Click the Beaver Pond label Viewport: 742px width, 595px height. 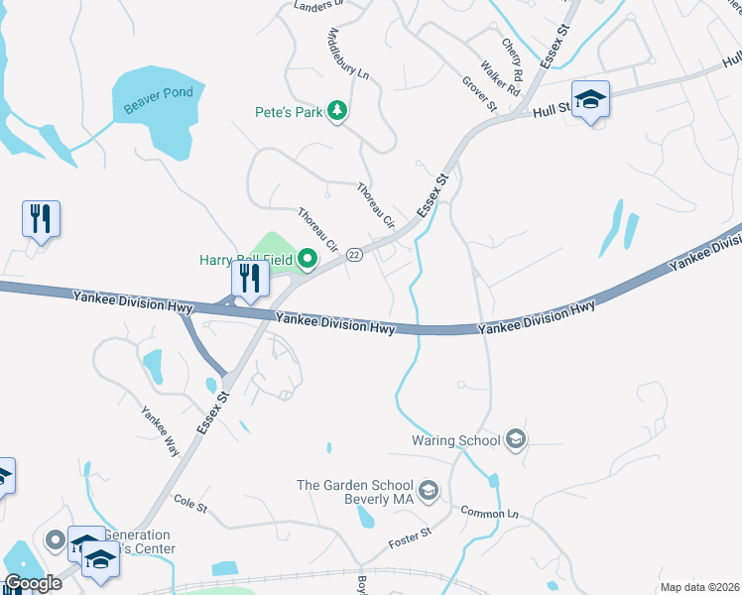(x=159, y=100)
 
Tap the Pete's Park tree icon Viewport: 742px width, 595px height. (x=338, y=111)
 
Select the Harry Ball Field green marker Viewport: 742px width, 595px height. (x=308, y=261)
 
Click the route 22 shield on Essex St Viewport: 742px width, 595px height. (x=354, y=255)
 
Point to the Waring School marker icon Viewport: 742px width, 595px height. (x=515, y=439)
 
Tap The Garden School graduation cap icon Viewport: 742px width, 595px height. (x=429, y=490)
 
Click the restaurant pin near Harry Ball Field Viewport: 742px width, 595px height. (x=249, y=279)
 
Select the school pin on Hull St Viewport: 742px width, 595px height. (x=590, y=99)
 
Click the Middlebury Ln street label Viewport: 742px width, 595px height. (x=348, y=56)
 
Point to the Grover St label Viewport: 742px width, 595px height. (x=479, y=95)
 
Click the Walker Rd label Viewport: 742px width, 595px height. (x=499, y=78)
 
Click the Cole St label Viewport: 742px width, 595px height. (x=188, y=506)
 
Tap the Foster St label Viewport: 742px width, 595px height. (x=411, y=539)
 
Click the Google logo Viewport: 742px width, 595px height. (x=33, y=583)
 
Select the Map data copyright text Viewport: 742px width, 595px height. (x=700, y=587)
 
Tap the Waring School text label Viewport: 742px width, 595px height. (x=456, y=440)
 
